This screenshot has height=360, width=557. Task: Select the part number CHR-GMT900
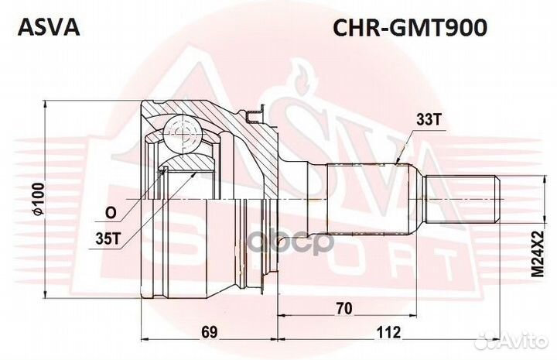409,28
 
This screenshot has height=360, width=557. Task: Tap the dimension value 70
344,309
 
